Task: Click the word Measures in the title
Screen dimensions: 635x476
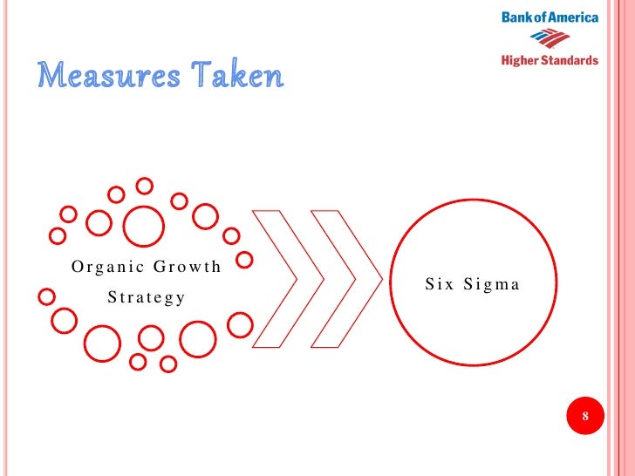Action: click(x=106, y=77)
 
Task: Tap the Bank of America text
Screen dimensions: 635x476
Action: click(x=550, y=17)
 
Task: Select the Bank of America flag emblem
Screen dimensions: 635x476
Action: click(x=550, y=37)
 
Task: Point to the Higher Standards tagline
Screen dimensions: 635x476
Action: click(x=550, y=60)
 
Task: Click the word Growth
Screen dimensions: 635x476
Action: click(x=187, y=267)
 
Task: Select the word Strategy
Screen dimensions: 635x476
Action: click(x=146, y=297)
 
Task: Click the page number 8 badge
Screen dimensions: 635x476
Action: click(x=585, y=416)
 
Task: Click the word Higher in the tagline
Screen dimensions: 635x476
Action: click(x=520, y=60)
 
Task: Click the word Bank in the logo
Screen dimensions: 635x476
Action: click(x=516, y=17)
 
